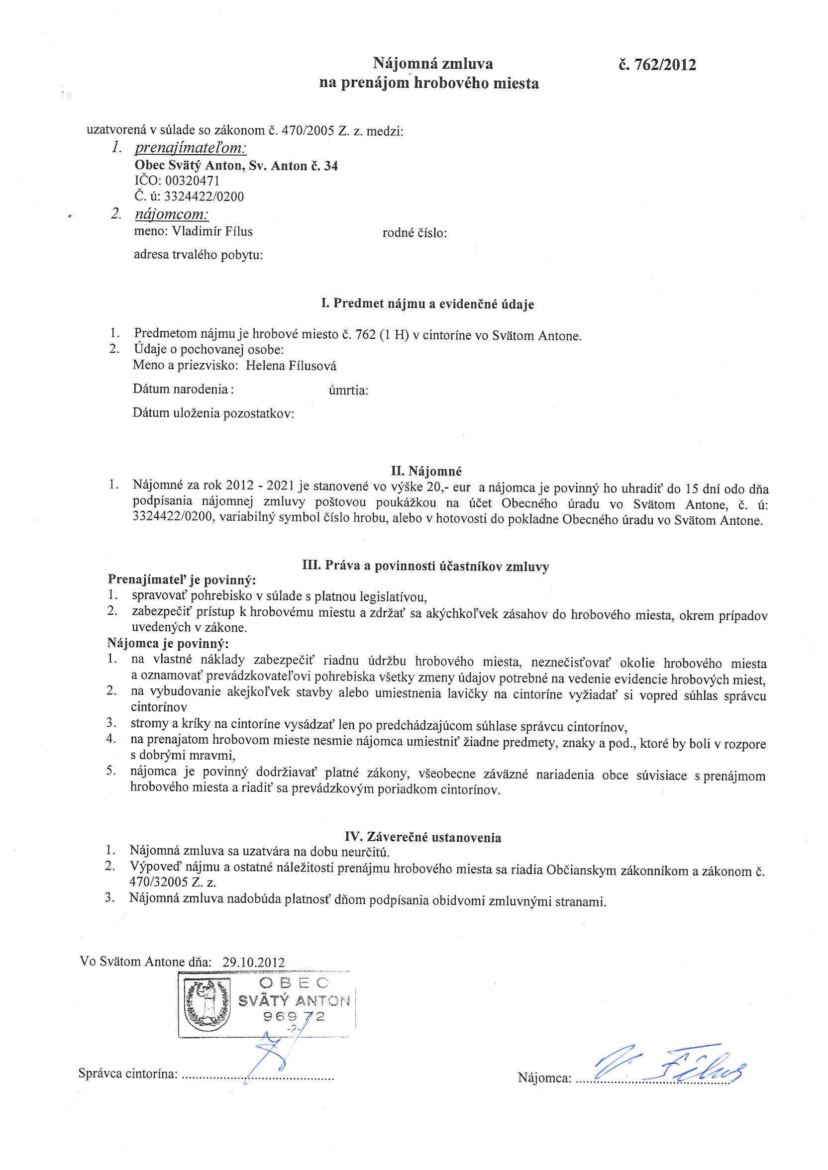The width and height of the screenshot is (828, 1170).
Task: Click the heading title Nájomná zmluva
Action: click(433, 64)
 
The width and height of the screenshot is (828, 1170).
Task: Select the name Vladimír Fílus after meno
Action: click(212, 231)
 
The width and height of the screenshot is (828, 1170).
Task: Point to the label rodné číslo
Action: click(414, 233)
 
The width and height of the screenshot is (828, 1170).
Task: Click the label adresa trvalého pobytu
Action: click(198, 254)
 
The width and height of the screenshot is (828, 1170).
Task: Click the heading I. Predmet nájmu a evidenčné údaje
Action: click(427, 304)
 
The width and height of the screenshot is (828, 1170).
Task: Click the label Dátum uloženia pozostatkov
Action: click(213, 413)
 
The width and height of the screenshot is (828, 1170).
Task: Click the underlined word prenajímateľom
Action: click(190, 148)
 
